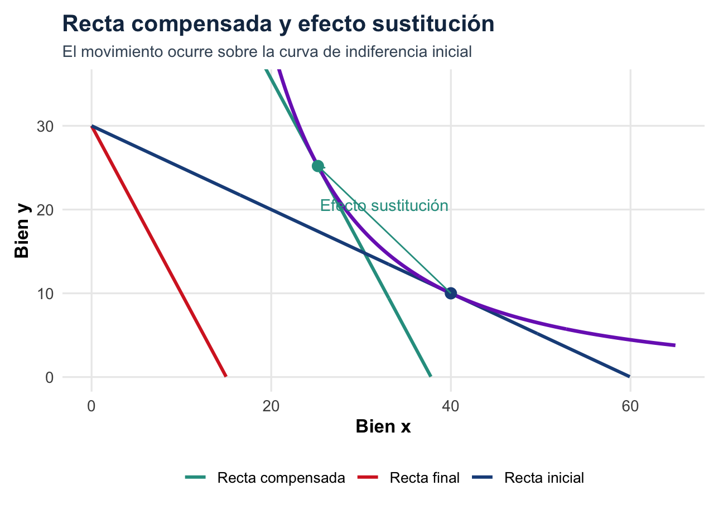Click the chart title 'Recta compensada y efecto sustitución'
click(278, 24)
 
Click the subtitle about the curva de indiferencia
click(267, 52)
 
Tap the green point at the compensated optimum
click(318, 166)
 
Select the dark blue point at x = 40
click(451, 293)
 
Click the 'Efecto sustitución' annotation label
click(384, 206)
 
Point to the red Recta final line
click(159, 251)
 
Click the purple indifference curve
click(558, 326)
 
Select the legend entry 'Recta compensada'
click(281, 478)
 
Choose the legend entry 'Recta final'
click(425, 478)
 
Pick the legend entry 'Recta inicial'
click(544, 478)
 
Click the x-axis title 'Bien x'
click(383, 427)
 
